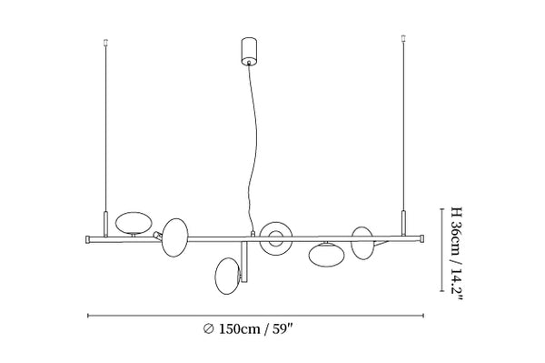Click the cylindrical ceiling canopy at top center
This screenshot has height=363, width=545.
point(249,51)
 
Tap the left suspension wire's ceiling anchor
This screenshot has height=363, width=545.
point(105,43)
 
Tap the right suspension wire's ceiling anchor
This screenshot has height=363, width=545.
point(403,38)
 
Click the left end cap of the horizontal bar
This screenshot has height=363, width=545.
point(88,239)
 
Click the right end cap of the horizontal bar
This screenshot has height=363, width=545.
point(421,238)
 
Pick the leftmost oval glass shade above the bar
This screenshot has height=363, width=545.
point(134,223)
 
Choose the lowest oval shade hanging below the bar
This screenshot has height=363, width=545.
point(228,276)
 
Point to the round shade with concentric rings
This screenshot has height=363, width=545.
point(276,238)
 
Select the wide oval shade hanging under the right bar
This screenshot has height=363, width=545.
point(326,255)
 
